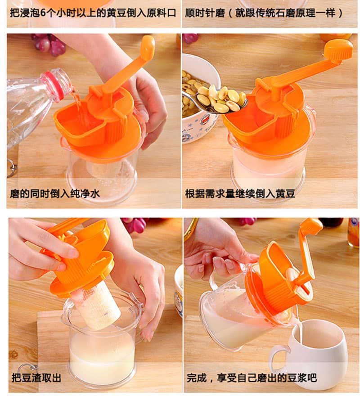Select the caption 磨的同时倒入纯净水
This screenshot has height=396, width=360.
coord(54,193)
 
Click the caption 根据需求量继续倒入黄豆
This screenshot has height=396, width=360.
coord(240,193)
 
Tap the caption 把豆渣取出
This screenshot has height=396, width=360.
coord(36,378)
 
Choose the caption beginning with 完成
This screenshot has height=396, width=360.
coord(252,378)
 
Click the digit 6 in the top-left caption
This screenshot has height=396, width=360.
coord(43,13)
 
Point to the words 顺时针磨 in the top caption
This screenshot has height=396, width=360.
coord(205,13)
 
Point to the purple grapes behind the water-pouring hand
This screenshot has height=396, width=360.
coord(49,44)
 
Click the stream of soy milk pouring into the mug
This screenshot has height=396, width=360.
coord(299,331)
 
